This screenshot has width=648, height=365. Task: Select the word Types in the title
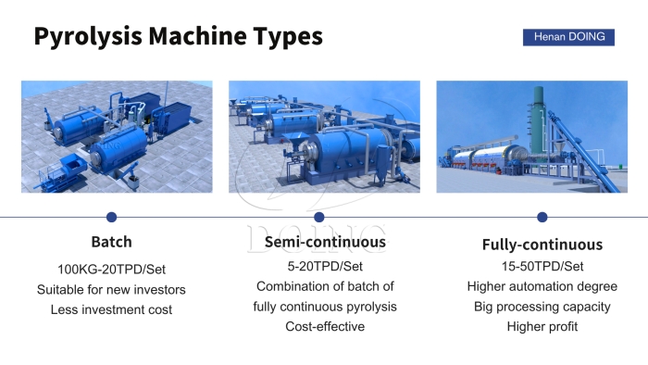[x=287, y=37]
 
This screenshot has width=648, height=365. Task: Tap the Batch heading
[x=111, y=242]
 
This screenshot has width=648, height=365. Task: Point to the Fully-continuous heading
[x=542, y=245]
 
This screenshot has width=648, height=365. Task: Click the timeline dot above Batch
[x=111, y=217]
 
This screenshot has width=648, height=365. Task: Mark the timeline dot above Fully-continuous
[x=542, y=217]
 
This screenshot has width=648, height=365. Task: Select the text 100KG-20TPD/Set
[x=111, y=269]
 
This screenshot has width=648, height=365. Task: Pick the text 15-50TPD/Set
[x=542, y=267]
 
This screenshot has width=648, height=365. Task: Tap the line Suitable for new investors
[x=111, y=289]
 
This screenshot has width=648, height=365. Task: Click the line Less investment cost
[x=111, y=309]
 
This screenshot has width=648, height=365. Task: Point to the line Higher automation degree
[x=542, y=286]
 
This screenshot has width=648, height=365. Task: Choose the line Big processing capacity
[x=542, y=307]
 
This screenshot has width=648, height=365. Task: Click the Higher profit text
[x=542, y=326]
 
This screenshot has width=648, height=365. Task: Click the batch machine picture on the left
[x=117, y=136]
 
